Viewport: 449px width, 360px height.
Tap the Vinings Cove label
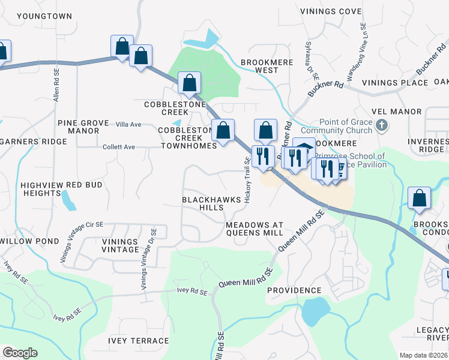point(334,11)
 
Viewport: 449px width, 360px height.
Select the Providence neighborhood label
point(294,290)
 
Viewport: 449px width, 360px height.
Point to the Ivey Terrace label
point(139,341)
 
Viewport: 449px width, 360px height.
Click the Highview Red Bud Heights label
point(61,190)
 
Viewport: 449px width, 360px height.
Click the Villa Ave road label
point(128,124)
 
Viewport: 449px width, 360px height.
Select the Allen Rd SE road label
point(56,84)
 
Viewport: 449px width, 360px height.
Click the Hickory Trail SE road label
point(247,179)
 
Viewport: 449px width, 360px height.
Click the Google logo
point(20,353)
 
